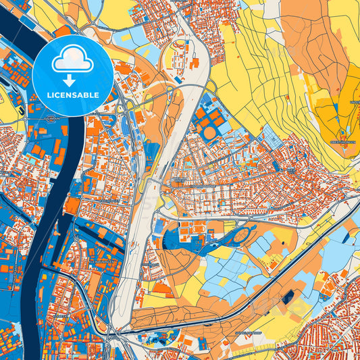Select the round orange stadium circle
210,133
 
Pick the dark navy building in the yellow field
290,297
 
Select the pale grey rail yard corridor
145,223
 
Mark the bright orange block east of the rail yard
197,64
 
